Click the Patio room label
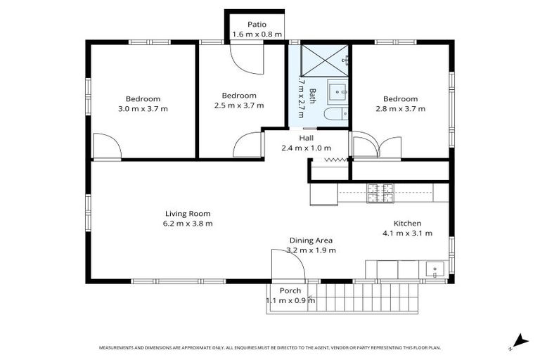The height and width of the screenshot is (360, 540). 257,24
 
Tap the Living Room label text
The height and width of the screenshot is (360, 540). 188,214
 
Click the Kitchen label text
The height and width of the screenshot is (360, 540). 406,223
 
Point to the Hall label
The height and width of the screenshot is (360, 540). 306,138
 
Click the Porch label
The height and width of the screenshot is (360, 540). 290,291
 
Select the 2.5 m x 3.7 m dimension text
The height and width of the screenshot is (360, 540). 239,105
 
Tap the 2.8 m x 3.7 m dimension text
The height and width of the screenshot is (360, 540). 400,109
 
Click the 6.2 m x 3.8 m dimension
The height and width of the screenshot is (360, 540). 188,224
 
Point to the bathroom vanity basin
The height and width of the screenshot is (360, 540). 337,91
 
